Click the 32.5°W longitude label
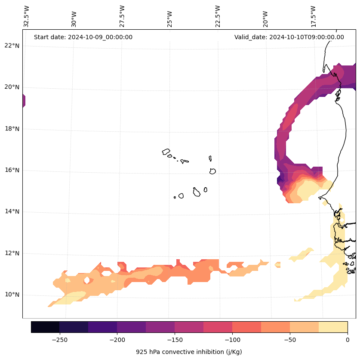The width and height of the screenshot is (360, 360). [27, 16]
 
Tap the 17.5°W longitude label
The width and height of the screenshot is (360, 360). [313, 16]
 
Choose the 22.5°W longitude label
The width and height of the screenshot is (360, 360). [218, 16]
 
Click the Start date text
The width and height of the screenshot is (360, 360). [83, 37]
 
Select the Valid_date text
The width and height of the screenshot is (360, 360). [289, 37]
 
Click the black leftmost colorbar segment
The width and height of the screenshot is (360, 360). [45, 327]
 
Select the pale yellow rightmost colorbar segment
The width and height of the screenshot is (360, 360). [333, 327]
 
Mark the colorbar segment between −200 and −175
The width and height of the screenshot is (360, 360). [131, 327]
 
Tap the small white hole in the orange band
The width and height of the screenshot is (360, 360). [87, 280]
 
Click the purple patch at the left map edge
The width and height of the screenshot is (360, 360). [24, 101]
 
